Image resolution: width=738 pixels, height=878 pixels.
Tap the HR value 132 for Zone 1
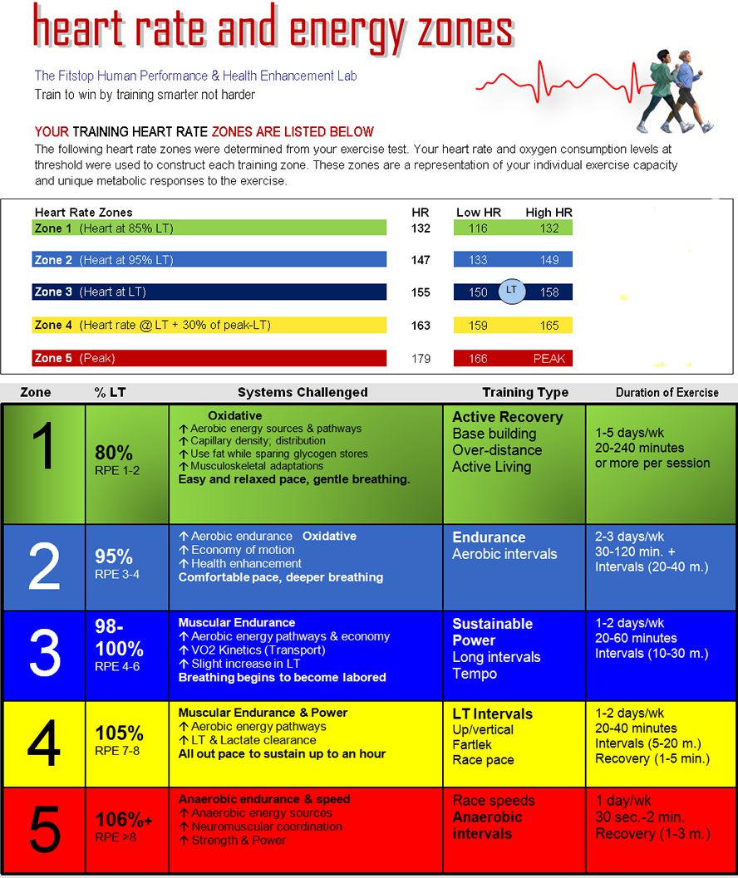coord(421,228)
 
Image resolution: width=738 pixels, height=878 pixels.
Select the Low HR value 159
coord(478,326)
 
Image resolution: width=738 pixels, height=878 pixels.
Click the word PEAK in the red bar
coord(549,359)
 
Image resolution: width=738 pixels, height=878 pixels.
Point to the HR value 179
coord(421,359)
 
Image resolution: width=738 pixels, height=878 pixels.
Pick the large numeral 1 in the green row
coord(43,448)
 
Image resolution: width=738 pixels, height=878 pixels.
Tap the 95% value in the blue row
coord(114,557)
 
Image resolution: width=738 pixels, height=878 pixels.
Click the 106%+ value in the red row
coord(124,820)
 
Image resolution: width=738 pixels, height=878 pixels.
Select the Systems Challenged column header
coord(303,392)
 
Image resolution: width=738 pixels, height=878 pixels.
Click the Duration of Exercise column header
coord(667,392)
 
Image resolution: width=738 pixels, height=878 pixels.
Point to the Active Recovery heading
coord(507,417)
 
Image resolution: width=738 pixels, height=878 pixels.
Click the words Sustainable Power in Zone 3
coord(492,632)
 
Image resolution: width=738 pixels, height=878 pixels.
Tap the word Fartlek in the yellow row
coord(472,744)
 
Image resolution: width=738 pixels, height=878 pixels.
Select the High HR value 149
coord(549,260)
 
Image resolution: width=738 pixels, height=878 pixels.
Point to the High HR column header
coord(549,213)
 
